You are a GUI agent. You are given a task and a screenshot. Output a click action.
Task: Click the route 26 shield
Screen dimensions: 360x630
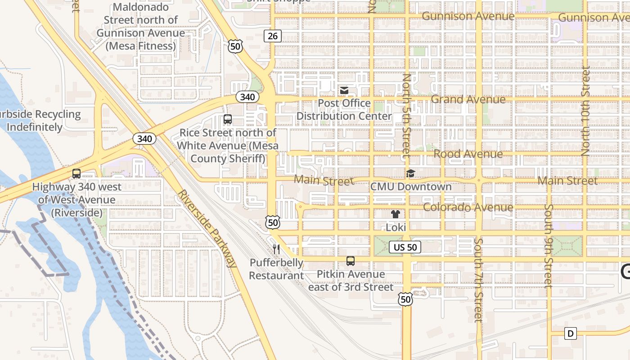273,36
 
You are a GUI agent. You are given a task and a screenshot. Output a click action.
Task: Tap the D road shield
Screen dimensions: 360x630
571,333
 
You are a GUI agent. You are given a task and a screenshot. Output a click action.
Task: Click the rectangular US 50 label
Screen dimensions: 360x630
405,247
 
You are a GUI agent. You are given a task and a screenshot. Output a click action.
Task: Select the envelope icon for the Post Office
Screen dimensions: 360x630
344,90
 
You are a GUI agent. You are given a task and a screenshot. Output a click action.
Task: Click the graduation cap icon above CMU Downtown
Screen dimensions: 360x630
410,173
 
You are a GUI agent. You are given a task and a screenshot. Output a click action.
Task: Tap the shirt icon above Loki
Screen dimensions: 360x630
396,214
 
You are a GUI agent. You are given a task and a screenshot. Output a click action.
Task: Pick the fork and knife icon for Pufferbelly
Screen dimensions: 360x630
276,249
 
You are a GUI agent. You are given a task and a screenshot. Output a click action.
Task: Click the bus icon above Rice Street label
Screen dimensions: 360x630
228,119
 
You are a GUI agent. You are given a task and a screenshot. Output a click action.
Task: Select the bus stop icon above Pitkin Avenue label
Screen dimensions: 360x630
351,261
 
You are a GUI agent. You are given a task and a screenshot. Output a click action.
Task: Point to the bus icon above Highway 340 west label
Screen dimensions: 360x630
76,173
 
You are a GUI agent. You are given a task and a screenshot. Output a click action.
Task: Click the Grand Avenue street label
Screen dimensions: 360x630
468,99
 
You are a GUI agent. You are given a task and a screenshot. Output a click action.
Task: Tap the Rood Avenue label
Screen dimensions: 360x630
468,154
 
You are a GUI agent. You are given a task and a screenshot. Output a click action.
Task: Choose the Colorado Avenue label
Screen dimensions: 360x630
468,207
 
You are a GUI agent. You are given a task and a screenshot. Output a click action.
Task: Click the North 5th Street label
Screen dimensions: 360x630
406,116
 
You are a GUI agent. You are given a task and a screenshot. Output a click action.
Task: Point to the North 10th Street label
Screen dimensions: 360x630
585,111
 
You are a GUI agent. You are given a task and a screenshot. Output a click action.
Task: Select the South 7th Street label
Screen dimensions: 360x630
478,280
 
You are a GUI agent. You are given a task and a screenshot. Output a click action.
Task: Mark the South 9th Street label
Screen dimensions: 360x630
548,246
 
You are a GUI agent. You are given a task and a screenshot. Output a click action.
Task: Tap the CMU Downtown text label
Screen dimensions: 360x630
411,186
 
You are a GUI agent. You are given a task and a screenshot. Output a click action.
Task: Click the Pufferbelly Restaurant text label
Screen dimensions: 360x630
276,269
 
